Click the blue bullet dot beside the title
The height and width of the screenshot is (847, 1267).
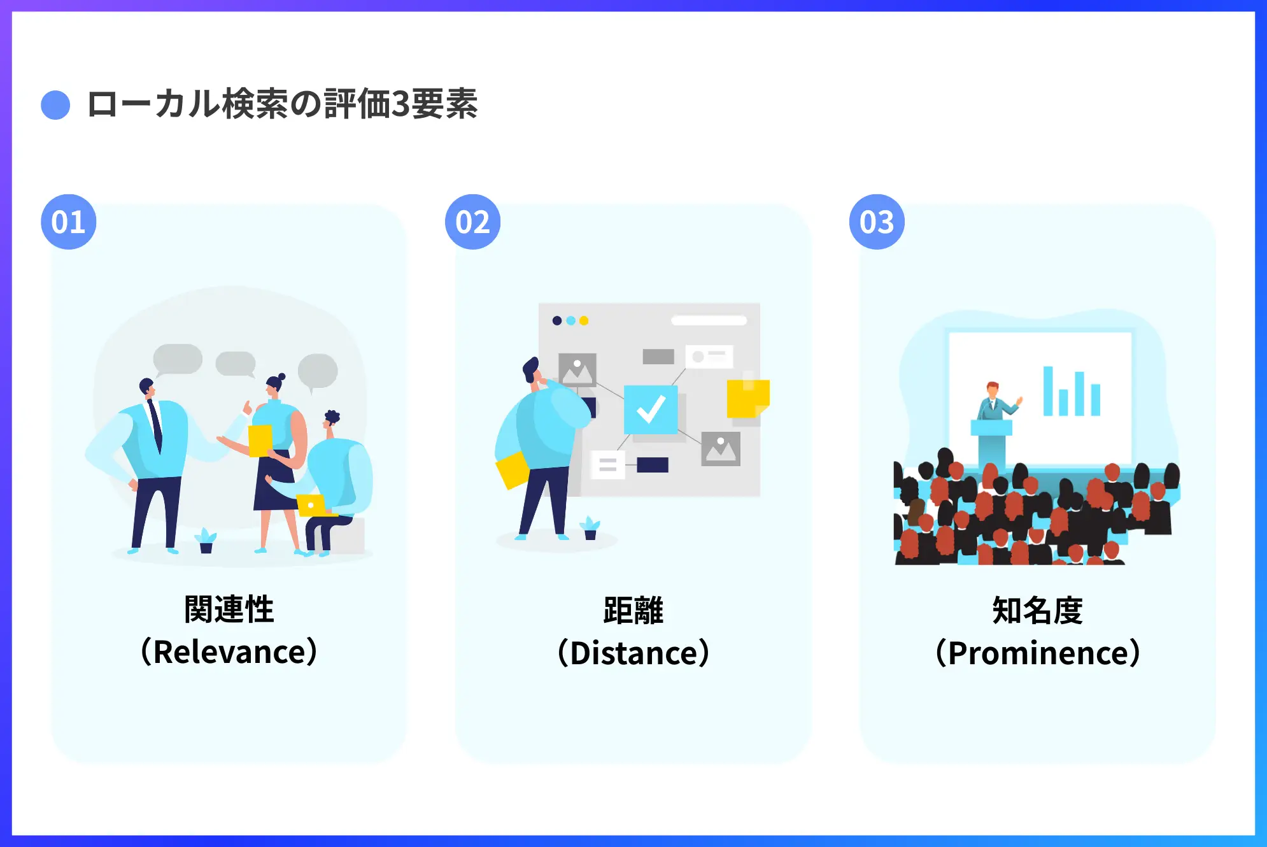(55, 105)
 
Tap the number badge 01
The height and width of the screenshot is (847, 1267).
(69, 222)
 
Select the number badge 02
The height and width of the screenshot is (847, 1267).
(472, 222)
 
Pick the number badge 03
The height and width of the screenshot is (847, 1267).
(877, 222)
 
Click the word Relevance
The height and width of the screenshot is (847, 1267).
(229, 651)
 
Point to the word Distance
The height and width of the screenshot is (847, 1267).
(633, 653)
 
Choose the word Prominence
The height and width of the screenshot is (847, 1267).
(1038, 653)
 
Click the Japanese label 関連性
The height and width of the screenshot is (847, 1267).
(229, 609)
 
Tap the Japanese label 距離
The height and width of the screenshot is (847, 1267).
(633, 610)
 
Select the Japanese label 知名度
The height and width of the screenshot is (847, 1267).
(1038, 610)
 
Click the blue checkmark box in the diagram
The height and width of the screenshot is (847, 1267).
(651, 409)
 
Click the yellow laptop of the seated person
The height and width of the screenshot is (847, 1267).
(312, 505)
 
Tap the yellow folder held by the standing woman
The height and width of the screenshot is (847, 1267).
(260, 441)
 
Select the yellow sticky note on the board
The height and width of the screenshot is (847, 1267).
(748, 398)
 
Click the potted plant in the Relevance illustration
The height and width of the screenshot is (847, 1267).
(206, 541)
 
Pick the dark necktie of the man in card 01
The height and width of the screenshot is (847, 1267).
(155, 425)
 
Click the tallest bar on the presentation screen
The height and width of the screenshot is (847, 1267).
(1047, 391)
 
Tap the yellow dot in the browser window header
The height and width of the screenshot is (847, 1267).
(584, 320)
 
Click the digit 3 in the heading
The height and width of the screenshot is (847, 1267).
(400, 104)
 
